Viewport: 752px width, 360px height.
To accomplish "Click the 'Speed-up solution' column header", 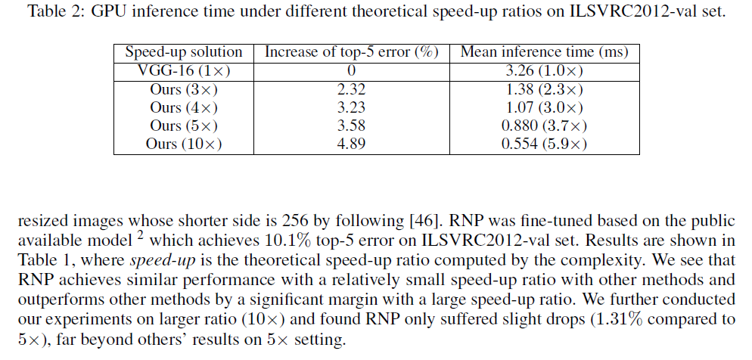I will pos(184,52).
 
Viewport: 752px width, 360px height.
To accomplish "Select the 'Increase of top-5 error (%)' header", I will pos(351,52).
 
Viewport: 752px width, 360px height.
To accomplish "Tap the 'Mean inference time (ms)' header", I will pos(544,52).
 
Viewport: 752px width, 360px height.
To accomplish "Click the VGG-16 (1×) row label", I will pos(184,70).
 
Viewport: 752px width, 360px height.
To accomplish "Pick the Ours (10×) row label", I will pos(184,144).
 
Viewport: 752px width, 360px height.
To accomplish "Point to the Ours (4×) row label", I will pos(184,107).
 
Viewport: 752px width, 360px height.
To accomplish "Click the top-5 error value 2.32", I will pos(351,89).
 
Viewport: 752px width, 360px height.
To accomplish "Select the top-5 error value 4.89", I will pos(351,144).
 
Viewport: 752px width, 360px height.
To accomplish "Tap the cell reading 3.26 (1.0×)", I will pos(544,70).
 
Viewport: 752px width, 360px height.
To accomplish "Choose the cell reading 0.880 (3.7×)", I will pos(544,126).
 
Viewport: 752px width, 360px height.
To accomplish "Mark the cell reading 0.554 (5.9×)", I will pos(544,144).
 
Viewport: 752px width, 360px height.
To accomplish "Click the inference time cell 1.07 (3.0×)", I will pos(544,107).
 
